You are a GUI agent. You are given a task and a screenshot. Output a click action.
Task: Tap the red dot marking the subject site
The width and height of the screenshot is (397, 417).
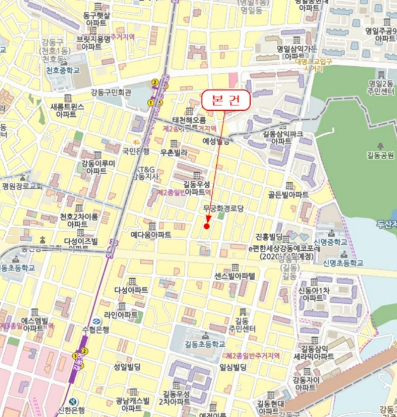(207, 226)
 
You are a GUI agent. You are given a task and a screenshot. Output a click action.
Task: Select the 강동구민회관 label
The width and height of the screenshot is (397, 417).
(110, 92)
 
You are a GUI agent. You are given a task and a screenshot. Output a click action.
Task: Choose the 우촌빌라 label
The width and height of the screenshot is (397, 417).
(174, 153)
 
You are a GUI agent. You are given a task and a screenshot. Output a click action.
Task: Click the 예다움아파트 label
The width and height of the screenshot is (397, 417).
(151, 235)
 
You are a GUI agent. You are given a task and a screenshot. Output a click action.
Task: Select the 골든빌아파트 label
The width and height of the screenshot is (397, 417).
(288, 195)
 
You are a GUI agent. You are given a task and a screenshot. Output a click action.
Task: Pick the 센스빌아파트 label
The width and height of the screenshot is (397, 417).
(235, 276)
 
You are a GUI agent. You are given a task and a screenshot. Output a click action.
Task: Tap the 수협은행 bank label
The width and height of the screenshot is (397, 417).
(96, 329)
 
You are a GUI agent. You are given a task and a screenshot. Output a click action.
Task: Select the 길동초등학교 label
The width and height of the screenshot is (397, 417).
(205, 344)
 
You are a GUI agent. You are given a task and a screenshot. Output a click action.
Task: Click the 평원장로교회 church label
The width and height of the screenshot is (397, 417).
(22, 186)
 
